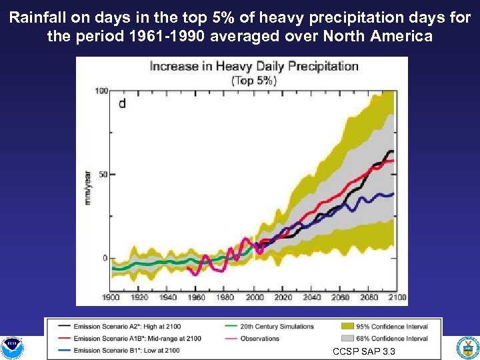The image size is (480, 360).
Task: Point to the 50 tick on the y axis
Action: coord(103,175)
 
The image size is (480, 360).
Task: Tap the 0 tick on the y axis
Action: coord(105,258)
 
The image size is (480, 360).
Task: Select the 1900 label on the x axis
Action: coord(111,297)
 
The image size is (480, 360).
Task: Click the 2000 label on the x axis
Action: coord(254,297)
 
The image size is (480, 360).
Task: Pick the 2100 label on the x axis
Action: coord(397,297)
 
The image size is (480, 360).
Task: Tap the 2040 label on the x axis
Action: coord(311,297)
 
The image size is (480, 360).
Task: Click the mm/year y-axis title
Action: coord(87,188)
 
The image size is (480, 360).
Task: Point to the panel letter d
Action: coord(122,103)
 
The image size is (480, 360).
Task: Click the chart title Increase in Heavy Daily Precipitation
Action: coord(253,66)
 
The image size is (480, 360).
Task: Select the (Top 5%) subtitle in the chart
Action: coord(253,80)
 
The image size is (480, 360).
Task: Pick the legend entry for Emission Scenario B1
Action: coord(127,350)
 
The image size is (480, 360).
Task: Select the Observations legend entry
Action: coord(260,339)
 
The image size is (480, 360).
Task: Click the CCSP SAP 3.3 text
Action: coord(363,351)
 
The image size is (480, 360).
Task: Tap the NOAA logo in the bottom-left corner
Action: coord(12,347)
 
